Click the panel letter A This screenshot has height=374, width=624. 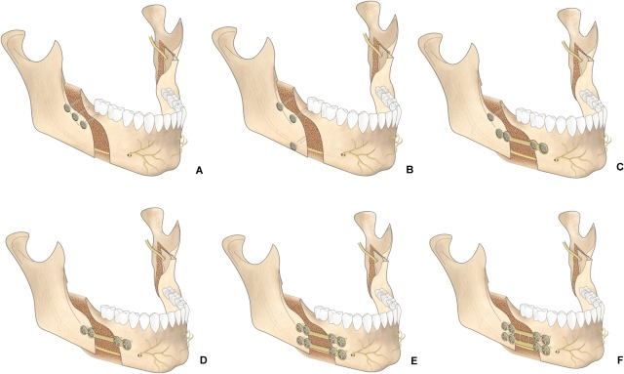pyautogui.click(x=199, y=171)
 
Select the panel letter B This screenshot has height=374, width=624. pyautogui.click(x=409, y=170)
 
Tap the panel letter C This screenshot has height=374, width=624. pyautogui.click(x=619, y=167)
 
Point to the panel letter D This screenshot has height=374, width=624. pyautogui.click(x=203, y=361)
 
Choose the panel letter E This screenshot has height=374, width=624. pyautogui.click(x=413, y=361)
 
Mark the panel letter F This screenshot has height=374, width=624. pyautogui.click(x=620, y=360)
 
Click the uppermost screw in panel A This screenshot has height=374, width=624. pyautogui.click(x=67, y=108)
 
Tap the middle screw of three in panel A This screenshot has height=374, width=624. pyautogui.click(x=75, y=117)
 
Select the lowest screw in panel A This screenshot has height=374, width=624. pyautogui.click(x=84, y=125)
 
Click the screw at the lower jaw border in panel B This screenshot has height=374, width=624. pyautogui.click(x=294, y=146)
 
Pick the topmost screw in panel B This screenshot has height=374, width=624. pyautogui.click(x=280, y=106)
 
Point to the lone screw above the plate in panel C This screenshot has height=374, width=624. pyautogui.click(x=490, y=117)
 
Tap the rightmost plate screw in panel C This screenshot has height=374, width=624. pyautogui.click(x=544, y=148)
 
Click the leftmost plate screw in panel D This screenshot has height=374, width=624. pyautogui.click(x=84, y=330)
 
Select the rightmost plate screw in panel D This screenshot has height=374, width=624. pyautogui.click(x=127, y=345)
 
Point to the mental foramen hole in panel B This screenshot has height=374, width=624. pyautogui.click(x=343, y=154)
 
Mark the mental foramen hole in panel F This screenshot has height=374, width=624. pyautogui.click(x=558, y=352)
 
